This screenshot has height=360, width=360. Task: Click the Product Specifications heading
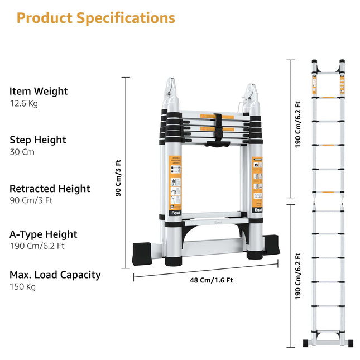pyautogui.click(x=95, y=18)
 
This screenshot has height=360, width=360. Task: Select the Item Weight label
pyautogui.click(x=39, y=91)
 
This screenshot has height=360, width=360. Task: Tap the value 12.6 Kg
pyautogui.click(x=23, y=104)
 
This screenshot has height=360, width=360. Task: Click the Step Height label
pyautogui.click(x=38, y=140)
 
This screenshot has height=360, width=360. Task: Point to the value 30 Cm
pyautogui.click(x=22, y=152)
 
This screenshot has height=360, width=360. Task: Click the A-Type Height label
pyautogui.click(x=44, y=234)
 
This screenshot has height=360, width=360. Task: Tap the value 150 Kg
pyautogui.click(x=22, y=287)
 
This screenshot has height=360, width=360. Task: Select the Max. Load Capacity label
pyautogui.click(x=55, y=275)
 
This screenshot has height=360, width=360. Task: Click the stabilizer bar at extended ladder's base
pyautogui.click(x=328, y=342)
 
